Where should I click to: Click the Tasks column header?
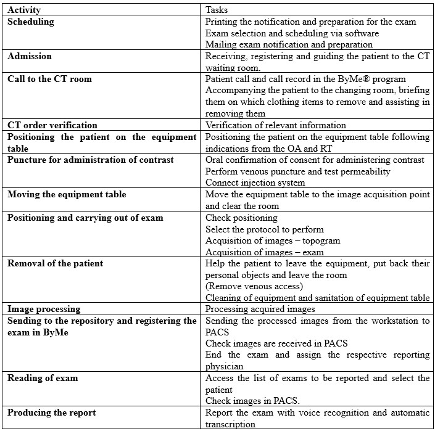tap(217, 10)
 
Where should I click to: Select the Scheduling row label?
tap(31, 22)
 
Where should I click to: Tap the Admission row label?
tap(30, 56)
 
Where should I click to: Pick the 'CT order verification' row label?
tap(52, 125)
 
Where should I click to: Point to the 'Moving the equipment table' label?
tap(67, 194)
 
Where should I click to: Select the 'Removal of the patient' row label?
tap(56, 263)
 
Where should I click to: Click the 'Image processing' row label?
tap(44, 309)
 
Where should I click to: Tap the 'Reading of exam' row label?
tap(43, 378)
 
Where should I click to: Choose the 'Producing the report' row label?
tap(52, 413)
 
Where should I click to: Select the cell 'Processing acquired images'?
tap(260, 309)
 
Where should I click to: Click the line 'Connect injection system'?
tap(255, 183)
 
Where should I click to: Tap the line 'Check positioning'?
tap(241, 217)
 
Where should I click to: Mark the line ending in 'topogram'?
tap(273, 240)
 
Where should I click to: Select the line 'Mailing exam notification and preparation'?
tap(289, 44)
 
